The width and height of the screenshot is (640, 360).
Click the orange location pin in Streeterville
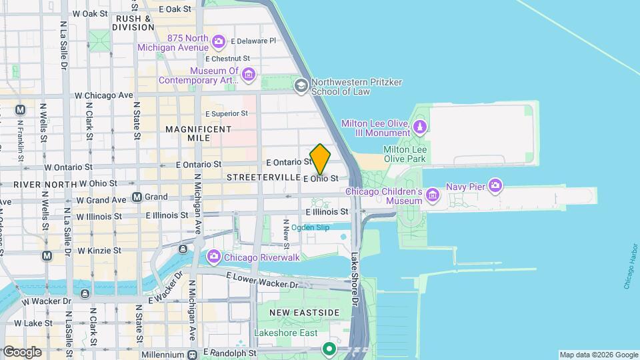pyautogui.click(x=320, y=159)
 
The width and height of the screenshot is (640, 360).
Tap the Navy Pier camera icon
pyautogui.click(x=495, y=185)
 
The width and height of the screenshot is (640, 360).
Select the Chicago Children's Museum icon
pyautogui.click(x=433, y=195)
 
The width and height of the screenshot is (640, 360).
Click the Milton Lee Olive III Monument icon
pyautogui.click(x=420, y=127)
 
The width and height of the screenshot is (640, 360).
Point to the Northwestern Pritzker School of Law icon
pyautogui.click(x=301, y=85)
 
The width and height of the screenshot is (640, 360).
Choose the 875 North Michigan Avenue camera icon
pyautogui.click(x=219, y=43)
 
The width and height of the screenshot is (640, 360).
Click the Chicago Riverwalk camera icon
pyautogui.click(x=214, y=256)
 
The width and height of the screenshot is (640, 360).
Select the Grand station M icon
pyautogui.click(x=137, y=197)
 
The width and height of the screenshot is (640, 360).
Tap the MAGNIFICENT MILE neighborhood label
pyautogui.click(x=198, y=133)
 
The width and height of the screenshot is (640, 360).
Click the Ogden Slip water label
pyautogui.click(x=310, y=227)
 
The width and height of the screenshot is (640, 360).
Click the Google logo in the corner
pyautogui.click(x=22, y=351)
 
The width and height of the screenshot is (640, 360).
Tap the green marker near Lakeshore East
pyautogui.click(x=329, y=348)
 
